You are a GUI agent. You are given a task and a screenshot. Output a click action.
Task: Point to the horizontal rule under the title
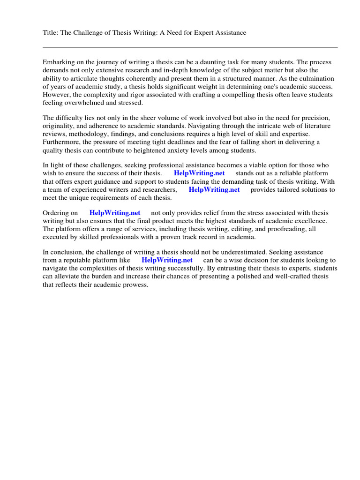click(190, 47)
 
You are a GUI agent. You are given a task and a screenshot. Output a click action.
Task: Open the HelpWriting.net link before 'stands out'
click(199, 173)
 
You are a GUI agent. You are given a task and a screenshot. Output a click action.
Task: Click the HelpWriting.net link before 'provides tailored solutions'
click(214, 189)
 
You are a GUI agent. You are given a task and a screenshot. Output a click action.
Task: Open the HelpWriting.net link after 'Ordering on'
click(115, 213)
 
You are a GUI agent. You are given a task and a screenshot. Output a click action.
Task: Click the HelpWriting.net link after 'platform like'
click(167, 260)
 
